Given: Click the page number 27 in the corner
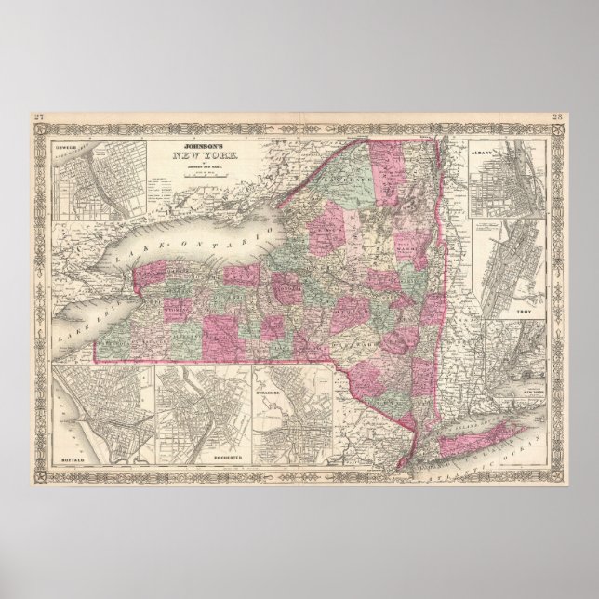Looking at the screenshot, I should pyautogui.click(x=37, y=115).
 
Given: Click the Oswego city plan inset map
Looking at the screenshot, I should pyautogui.click(x=86, y=177).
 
